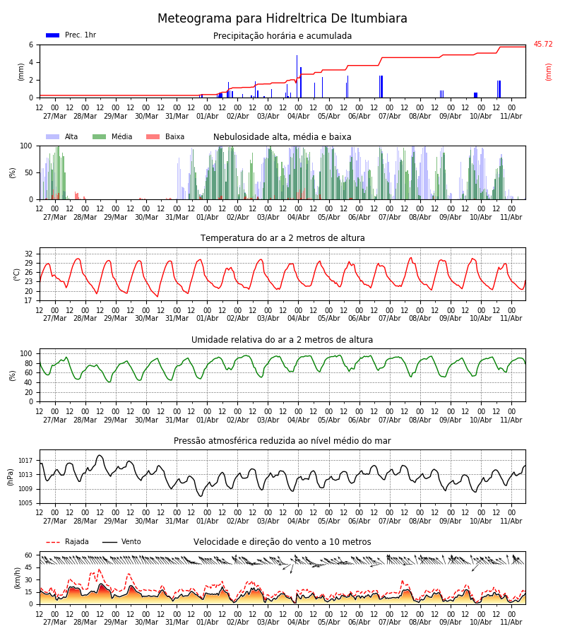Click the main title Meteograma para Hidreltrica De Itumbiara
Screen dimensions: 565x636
point(282,18)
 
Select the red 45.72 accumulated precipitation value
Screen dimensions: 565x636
point(542,45)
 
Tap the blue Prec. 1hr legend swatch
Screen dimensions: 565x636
point(53,35)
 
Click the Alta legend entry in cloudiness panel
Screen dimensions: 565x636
point(71,136)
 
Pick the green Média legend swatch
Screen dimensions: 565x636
point(100,137)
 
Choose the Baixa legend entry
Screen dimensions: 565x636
point(174,136)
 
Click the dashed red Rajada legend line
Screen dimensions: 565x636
point(53,542)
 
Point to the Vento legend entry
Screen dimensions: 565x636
point(131,541)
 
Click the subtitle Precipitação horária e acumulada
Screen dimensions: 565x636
point(282,36)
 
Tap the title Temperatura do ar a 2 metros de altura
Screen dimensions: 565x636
point(282,238)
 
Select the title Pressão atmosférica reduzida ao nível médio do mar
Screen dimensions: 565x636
point(282,441)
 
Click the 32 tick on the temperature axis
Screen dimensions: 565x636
point(29,254)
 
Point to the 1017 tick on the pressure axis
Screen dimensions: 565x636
point(25,461)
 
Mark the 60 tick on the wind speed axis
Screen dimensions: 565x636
point(29,555)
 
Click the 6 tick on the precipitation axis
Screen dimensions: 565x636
point(31,45)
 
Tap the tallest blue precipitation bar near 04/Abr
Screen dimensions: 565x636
point(297,76)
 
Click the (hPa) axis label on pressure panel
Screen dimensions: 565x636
point(11,477)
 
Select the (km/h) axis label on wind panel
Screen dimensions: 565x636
point(17,578)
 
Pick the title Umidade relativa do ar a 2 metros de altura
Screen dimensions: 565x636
point(282,340)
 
